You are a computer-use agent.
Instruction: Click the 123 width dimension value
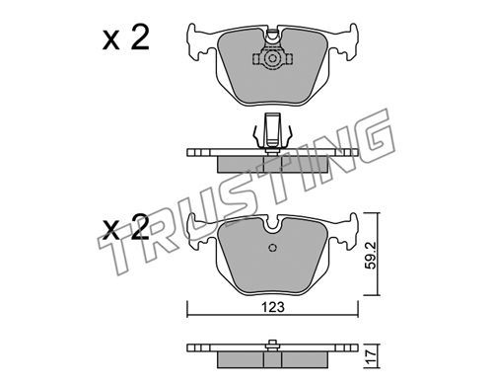click(272, 307)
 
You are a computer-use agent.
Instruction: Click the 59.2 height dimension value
click(371, 256)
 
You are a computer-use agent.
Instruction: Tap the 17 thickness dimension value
click(371, 356)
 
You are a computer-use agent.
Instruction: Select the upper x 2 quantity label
click(126, 38)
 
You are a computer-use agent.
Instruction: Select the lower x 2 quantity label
click(126, 227)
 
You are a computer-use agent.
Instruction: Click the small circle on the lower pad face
click(272, 248)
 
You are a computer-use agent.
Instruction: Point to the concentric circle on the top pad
click(272, 59)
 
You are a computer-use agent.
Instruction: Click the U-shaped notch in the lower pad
click(272, 225)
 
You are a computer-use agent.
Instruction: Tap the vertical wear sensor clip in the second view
click(272, 130)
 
